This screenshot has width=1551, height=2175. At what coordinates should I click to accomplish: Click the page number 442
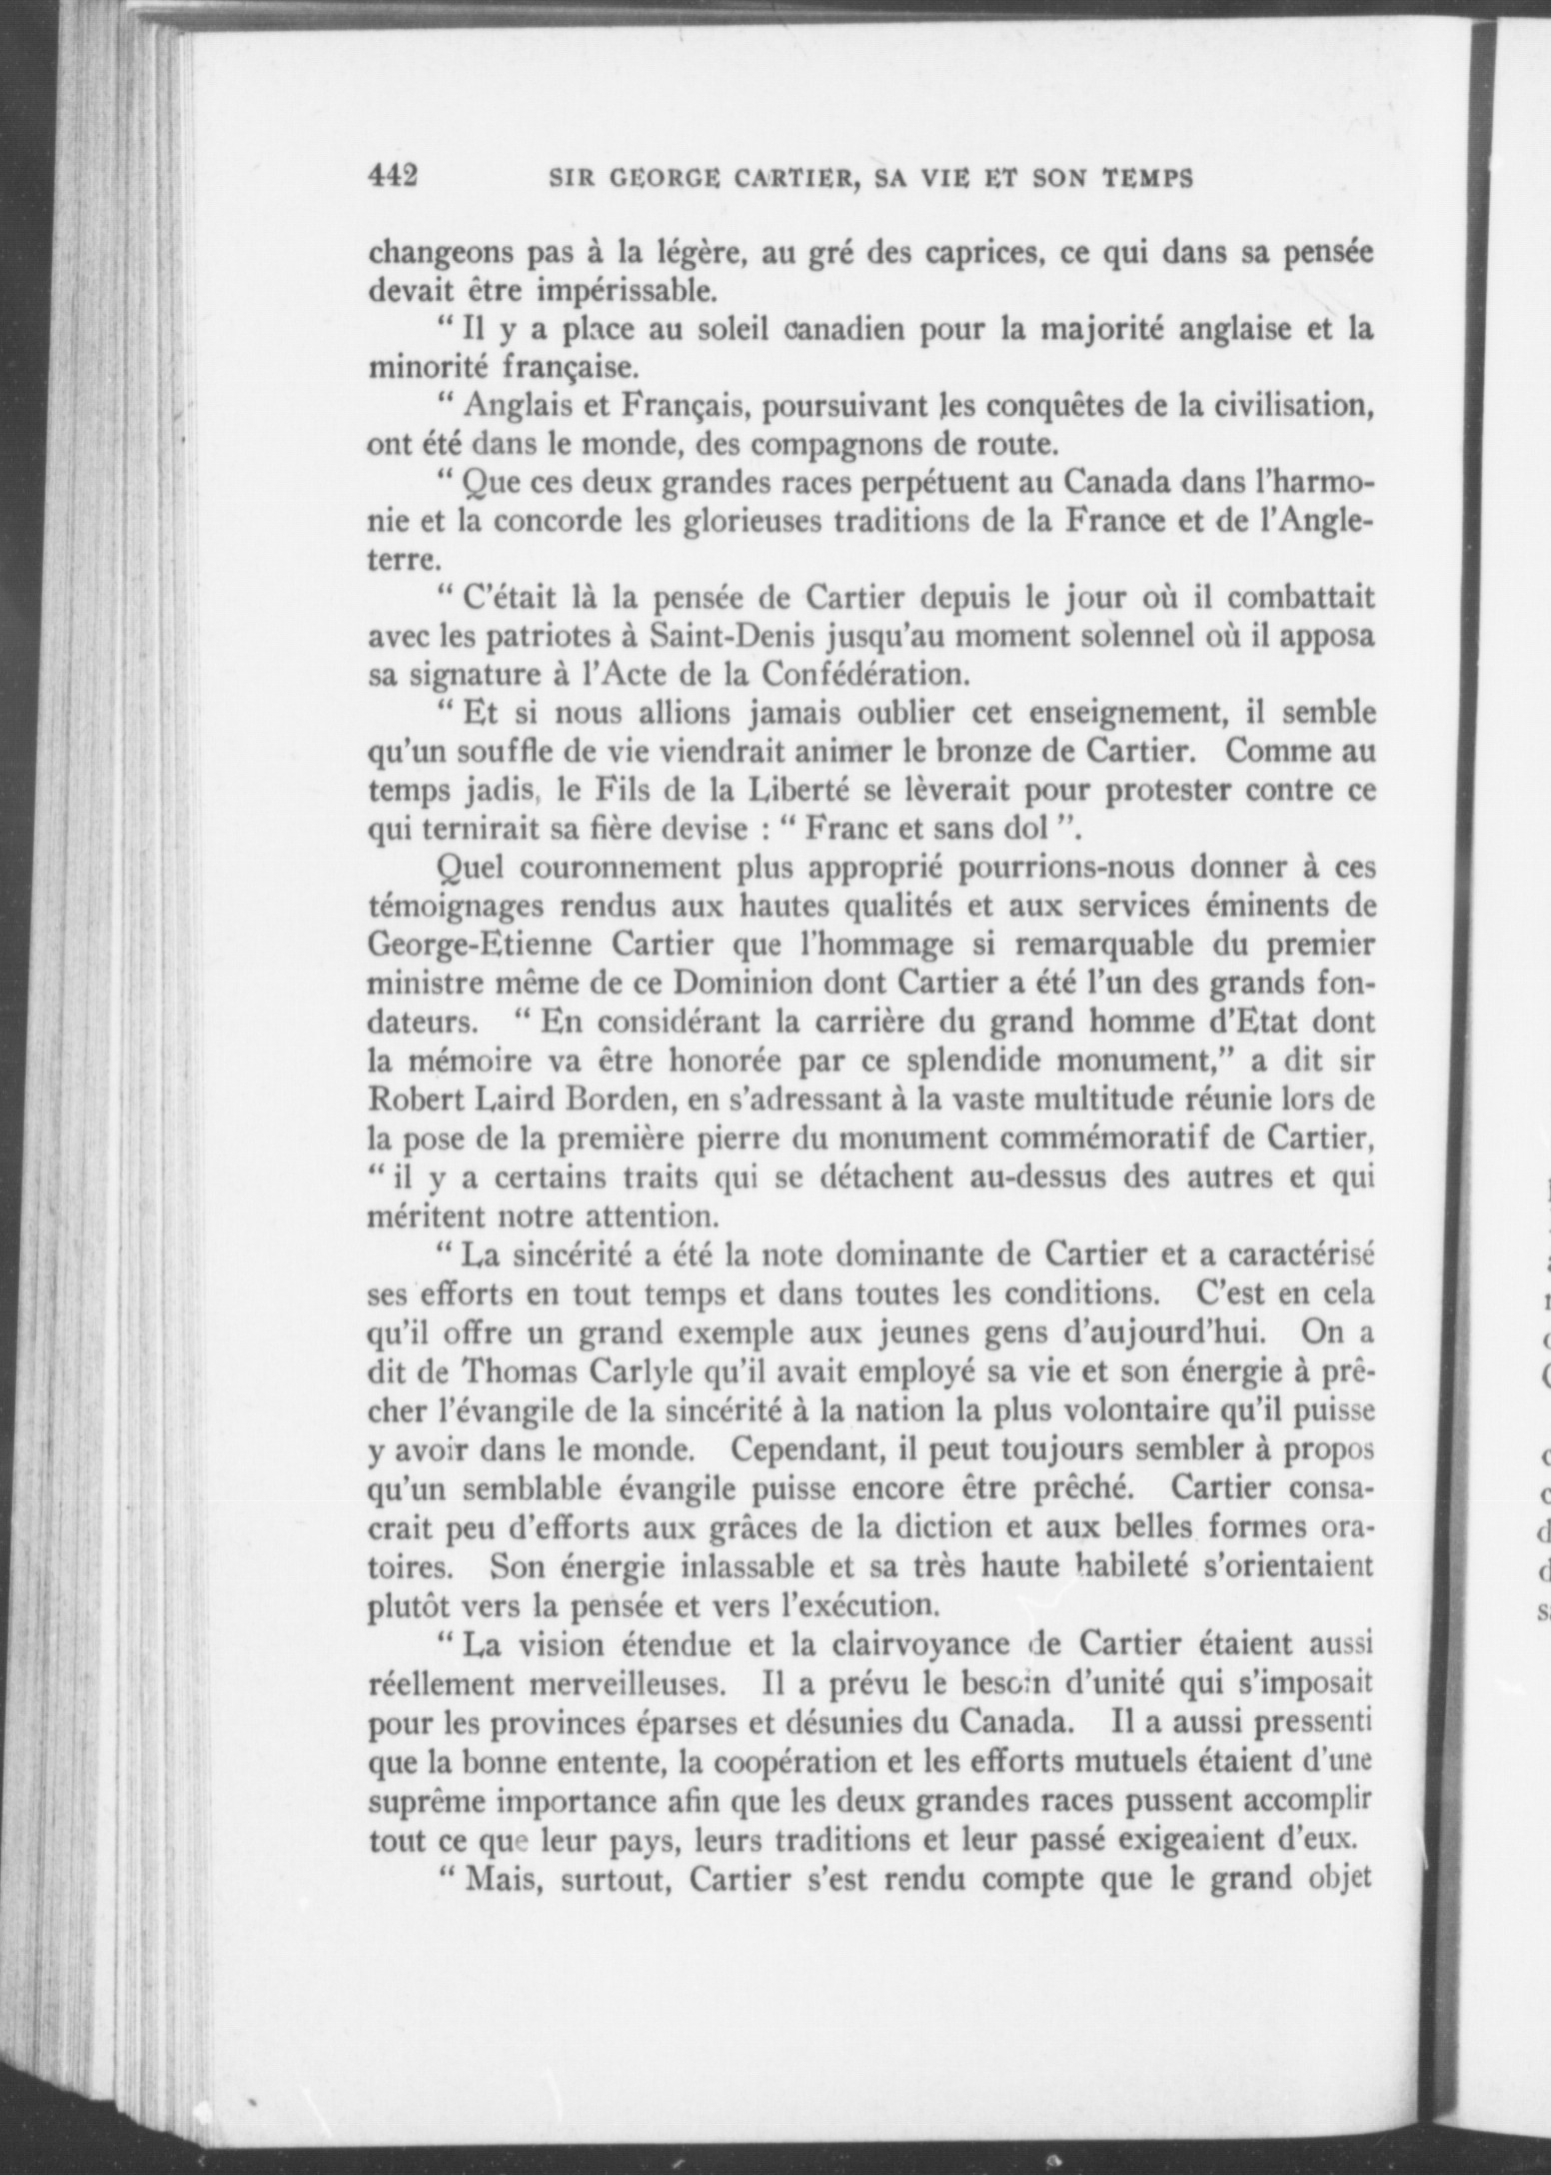[x=392, y=177]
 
